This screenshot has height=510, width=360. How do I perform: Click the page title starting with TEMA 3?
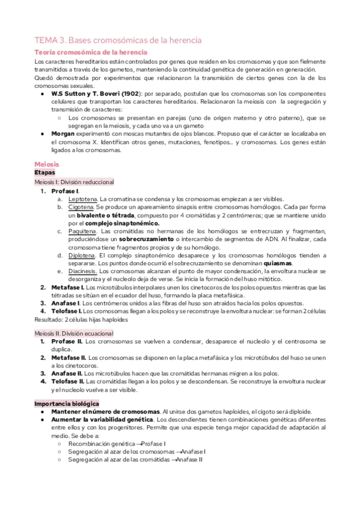(x=117, y=40)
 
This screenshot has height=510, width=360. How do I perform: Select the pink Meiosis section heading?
(x=47, y=164)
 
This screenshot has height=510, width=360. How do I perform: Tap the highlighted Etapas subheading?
(x=45, y=172)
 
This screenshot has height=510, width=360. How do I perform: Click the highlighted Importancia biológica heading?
(x=67, y=402)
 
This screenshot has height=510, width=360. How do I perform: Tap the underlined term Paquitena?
(x=82, y=230)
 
